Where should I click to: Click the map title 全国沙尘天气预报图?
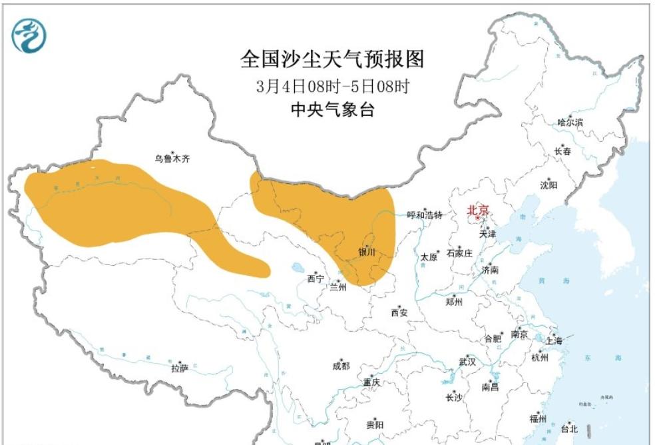[331, 59]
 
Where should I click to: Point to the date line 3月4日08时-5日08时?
[331, 87]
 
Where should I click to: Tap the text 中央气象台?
[332, 110]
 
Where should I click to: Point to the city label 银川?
[367, 252]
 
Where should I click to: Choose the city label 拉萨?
[179, 368]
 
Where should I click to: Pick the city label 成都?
[340, 366]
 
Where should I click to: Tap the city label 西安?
[399, 312]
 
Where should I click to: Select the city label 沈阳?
[549, 185]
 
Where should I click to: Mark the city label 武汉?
[467, 362]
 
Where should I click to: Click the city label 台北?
[570, 428]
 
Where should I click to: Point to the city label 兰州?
[338, 287]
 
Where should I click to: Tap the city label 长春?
[562, 151]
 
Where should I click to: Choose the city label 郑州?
[454, 301]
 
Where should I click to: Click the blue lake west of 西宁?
[297, 270]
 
